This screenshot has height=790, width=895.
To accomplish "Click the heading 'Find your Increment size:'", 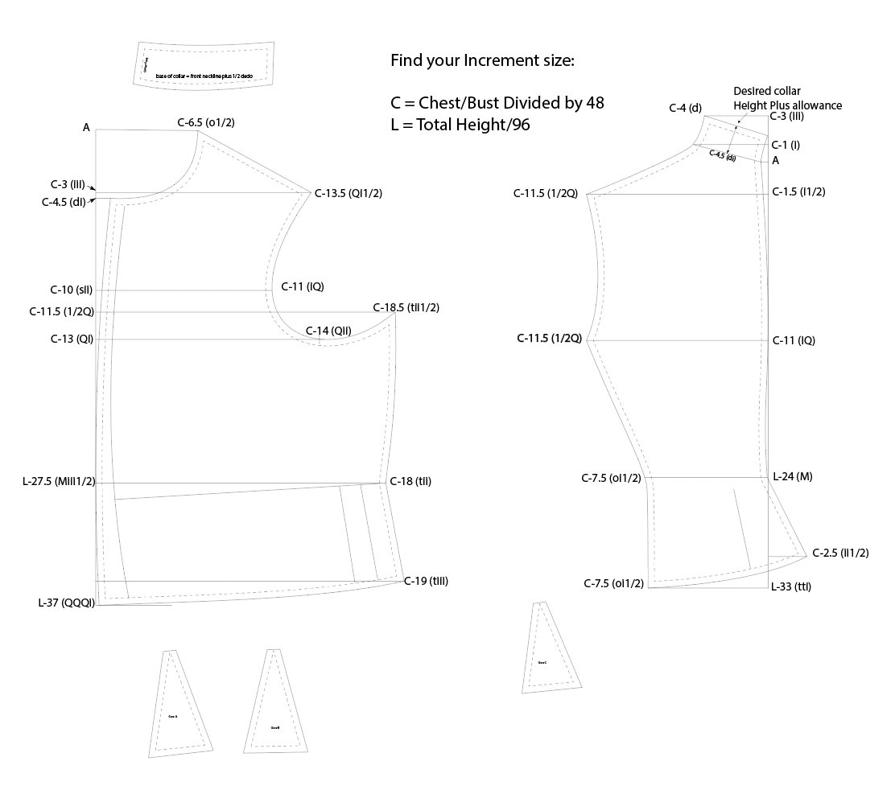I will (x=481, y=61).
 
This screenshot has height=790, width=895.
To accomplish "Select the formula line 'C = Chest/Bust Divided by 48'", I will (x=497, y=103).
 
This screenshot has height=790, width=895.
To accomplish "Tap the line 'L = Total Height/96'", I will (x=460, y=125).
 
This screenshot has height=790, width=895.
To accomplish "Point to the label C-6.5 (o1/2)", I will (x=206, y=122).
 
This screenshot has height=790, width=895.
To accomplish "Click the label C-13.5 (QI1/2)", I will (x=349, y=193).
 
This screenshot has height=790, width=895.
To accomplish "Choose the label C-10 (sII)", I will (x=72, y=290).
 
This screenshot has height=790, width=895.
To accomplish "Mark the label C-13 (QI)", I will (x=72, y=339).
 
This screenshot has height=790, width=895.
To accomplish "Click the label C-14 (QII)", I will (x=328, y=331).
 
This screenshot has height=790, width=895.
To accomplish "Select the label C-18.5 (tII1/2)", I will (x=406, y=307).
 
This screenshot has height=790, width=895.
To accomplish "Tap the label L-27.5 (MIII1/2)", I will (x=60, y=482).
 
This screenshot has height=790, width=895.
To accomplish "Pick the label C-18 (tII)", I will (x=410, y=481).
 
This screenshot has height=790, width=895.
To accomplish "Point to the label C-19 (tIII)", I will (x=426, y=581).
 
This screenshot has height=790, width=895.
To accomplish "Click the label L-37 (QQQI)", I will (x=66, y=603).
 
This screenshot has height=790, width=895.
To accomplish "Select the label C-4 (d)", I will (x=686, y=107).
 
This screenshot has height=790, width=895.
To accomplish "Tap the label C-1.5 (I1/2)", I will (x=798, y=191).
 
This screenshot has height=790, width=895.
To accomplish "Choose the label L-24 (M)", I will (x=792, y=476).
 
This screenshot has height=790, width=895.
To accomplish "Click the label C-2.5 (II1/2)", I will (x=840, y=553).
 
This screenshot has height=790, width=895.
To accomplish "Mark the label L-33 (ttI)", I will (x=790, y=586).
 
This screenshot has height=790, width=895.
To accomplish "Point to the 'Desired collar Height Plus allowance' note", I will (x=787, y=98).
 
